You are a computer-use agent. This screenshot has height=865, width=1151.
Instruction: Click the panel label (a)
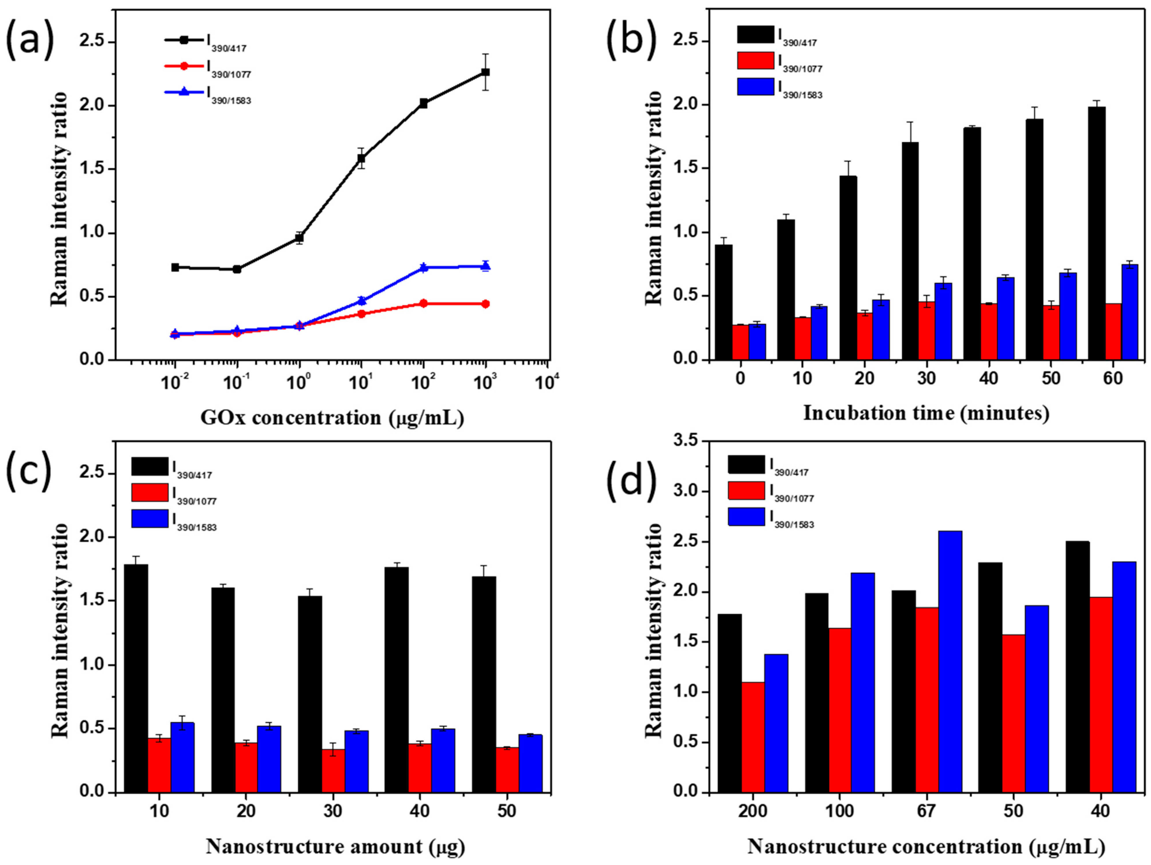(x=30, y=39)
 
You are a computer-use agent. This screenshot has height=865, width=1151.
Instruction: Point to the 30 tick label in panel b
(x=926, y=379)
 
